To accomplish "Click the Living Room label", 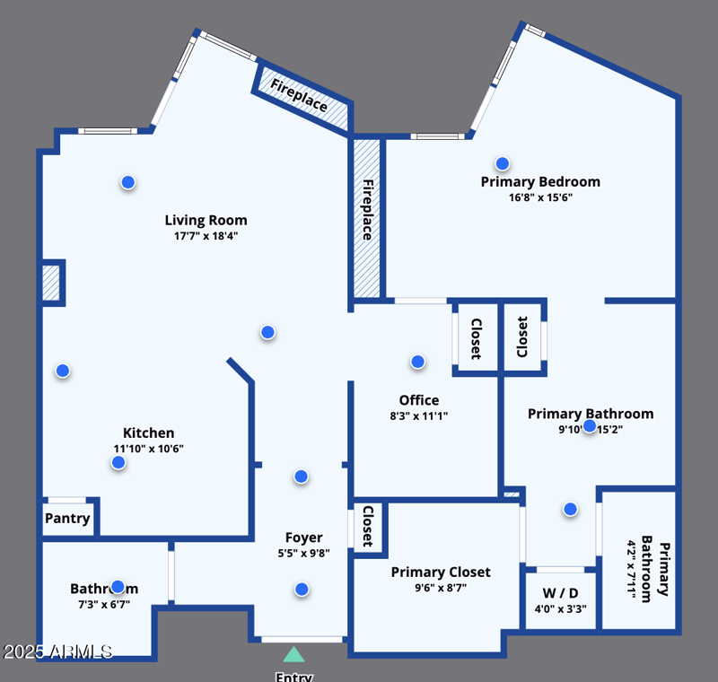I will coord(206,220).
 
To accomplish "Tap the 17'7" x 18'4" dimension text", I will coord(206,237).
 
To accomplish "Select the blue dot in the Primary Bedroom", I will coord(503,163).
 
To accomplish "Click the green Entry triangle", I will coord(293,654).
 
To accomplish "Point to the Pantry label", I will coord(67,519).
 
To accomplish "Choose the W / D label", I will coord(561,593).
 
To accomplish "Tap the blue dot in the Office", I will coord(417,362).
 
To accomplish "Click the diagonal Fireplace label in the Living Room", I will coord(300,96).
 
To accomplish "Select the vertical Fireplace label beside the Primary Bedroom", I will coord(367,210).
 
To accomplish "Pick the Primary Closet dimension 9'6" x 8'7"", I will coord(441,588).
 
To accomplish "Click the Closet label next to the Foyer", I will coord(368,527).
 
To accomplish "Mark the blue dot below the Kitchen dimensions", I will coord(118,462).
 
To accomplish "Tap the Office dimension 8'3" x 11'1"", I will coord(419,415).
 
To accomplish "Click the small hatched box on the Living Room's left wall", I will coord(51,283).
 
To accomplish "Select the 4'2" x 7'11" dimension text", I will coord(633,569).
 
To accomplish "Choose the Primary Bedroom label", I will coord(540,181).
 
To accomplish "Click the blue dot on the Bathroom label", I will coord(117,587).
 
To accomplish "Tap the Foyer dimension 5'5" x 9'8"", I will coord(304,554).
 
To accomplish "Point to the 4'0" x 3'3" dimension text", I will coord(561,608).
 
